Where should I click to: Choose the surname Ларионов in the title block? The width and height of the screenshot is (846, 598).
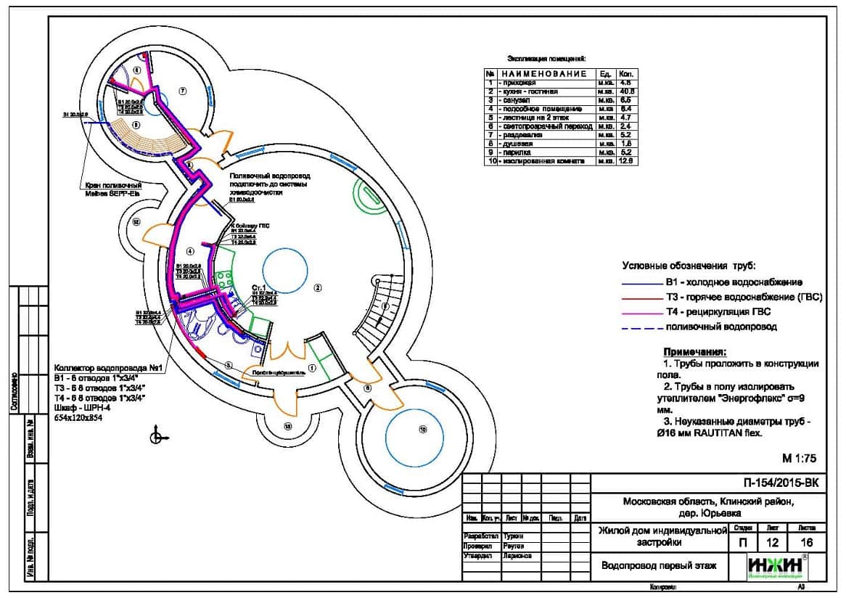click(x=517, y=555)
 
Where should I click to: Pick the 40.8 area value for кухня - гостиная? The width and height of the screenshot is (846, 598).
click(x=626, y=92)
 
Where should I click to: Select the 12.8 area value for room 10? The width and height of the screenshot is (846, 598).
click(x=626, y=161)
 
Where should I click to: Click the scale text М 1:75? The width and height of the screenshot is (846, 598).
click(x=799, y=458)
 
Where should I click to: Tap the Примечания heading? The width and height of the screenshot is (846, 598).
click(x=694, y=351)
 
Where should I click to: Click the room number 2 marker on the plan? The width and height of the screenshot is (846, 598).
click(x=317, y=288)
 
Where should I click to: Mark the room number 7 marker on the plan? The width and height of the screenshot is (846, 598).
click(x=183, y=91)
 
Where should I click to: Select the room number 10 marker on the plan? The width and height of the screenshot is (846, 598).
click(x=422, y=429)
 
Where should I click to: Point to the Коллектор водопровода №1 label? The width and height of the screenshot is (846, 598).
click(x=111, y=369)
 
